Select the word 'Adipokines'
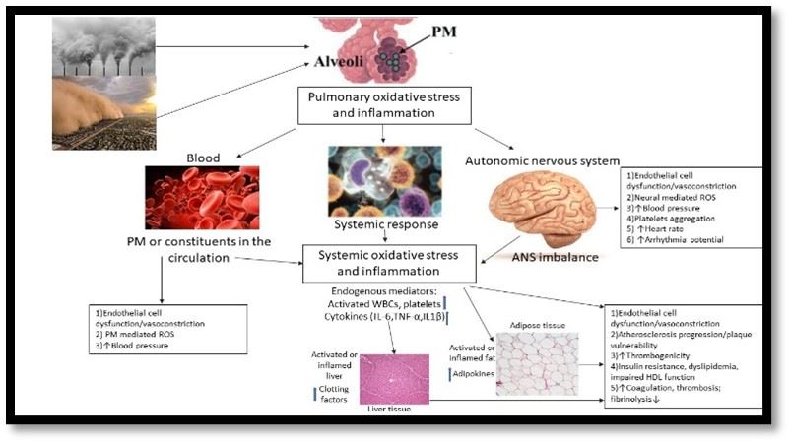point(468,375)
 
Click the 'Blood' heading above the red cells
point(203,157)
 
